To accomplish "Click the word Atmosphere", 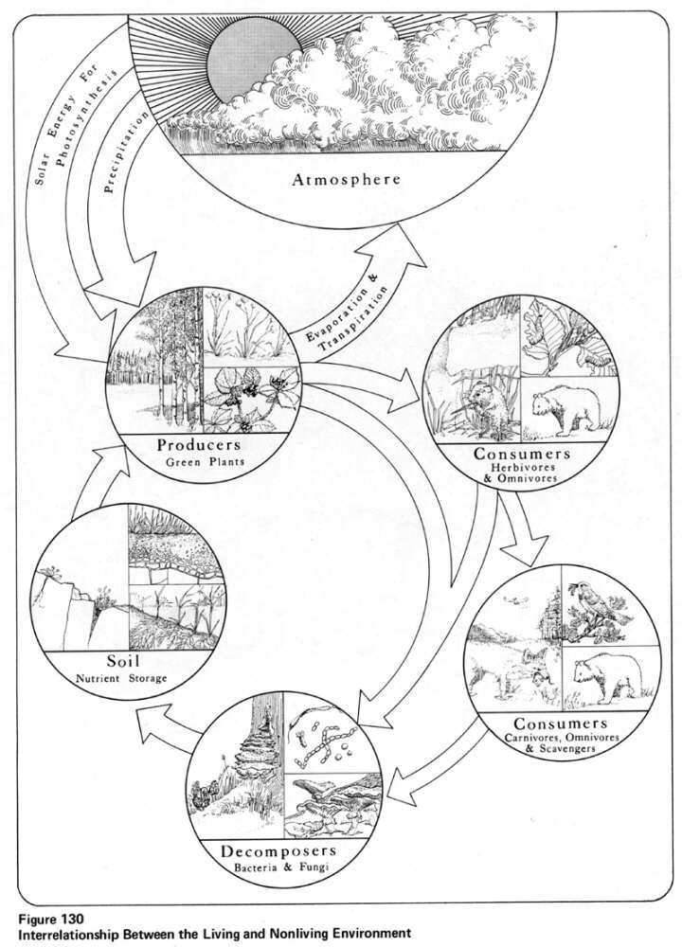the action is [x=346, y=179].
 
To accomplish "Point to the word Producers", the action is [x=199, y=445].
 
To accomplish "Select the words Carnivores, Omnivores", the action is [x=562, y=738].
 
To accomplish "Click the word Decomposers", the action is [x=278, y=851].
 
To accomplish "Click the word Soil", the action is [x=122, y=660].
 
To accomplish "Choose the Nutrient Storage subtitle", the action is [x=121, y=678].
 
